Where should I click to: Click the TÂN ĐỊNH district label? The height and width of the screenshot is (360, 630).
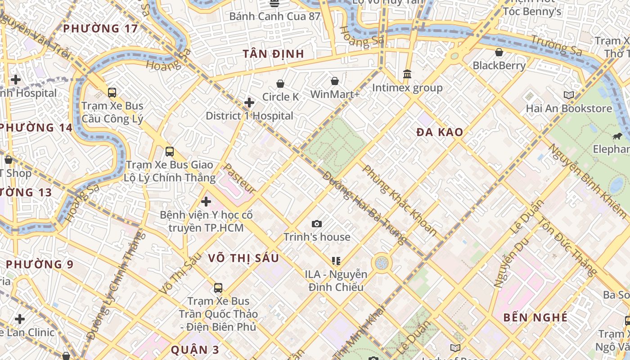coord(274,54)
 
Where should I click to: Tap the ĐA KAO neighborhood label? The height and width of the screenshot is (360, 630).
coord(440,132)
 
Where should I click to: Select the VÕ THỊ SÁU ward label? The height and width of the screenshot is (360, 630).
coord(243,258)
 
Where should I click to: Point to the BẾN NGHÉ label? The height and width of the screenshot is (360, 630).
coord(535,317)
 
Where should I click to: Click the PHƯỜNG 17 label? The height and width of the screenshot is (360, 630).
coord(100,28)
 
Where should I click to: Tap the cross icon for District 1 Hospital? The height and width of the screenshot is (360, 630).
coord(249,103)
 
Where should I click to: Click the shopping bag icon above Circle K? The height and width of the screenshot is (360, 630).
coord(280,84)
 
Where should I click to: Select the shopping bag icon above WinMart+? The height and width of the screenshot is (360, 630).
coord(335,81)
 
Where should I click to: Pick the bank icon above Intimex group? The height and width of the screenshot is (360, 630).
coord(407,74)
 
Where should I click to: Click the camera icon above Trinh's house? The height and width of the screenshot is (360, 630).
coord(317,224)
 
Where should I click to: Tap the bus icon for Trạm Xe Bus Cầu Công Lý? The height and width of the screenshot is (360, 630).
coord(112,93)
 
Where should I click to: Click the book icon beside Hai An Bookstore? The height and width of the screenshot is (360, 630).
coord(569,95)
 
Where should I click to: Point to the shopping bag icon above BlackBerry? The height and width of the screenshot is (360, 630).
coord(499,52)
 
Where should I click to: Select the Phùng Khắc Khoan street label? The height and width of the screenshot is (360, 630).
coord(400,200)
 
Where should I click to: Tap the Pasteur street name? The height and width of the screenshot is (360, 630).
coord(239,179)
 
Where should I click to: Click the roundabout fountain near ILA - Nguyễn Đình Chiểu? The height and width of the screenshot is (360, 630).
coord(382,262)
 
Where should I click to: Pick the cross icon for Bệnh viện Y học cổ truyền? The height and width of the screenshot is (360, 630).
coord(206,202)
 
